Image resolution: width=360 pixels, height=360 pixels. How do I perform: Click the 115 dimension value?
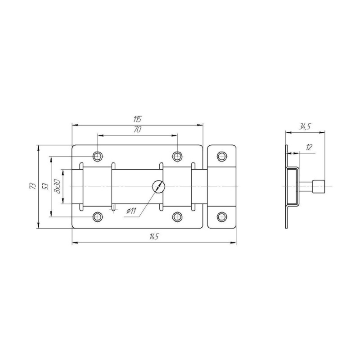click(x=137, y=119)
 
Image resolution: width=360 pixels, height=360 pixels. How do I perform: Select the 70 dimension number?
click(x=137, y=130)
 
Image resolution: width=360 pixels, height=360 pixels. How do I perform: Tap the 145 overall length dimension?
click(x=154, y=237)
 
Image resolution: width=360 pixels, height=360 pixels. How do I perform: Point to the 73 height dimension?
click(x=33, y=186)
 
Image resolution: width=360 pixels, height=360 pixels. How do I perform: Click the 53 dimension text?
click(x=45, y=186)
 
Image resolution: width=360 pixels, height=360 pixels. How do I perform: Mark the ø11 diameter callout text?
click(x=131, y=211)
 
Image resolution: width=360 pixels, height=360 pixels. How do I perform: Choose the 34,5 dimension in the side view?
click(x=305, y=127)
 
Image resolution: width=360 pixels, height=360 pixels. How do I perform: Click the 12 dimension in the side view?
click(x=309, y=148)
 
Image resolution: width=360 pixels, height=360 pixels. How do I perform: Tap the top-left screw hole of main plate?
click(x=98, y=156)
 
